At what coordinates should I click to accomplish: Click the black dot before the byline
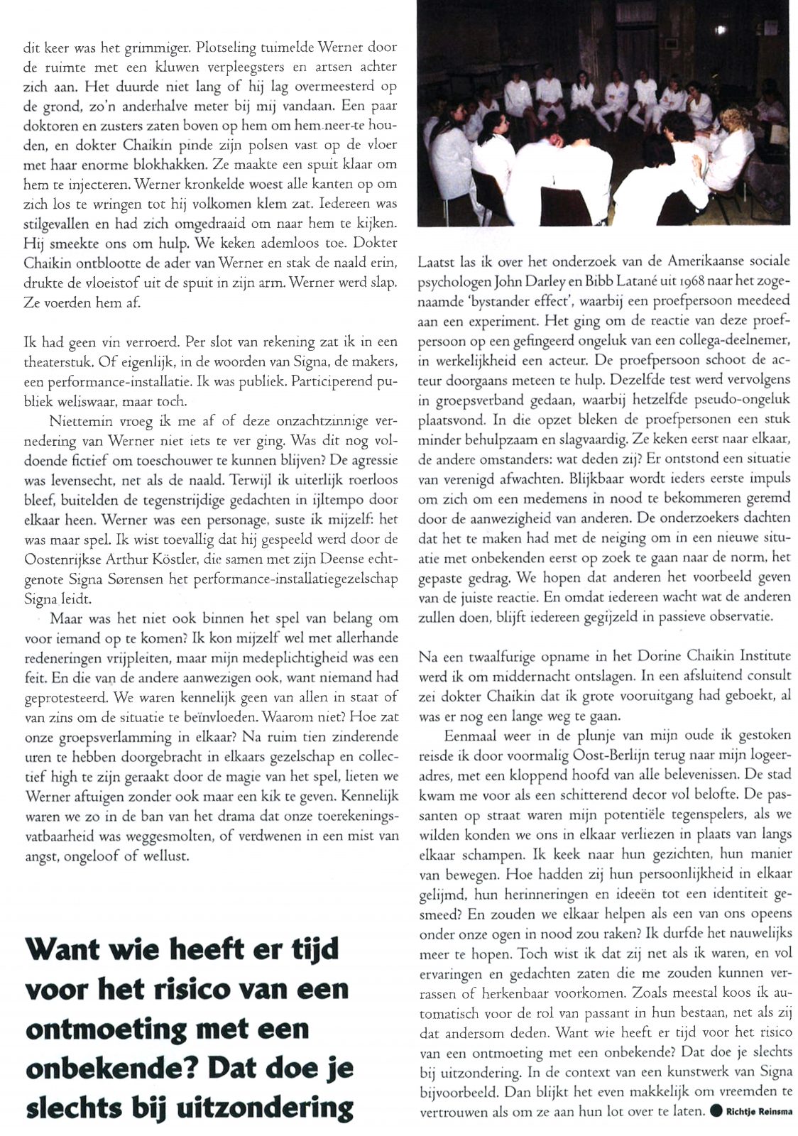[x=716, y=1110]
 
